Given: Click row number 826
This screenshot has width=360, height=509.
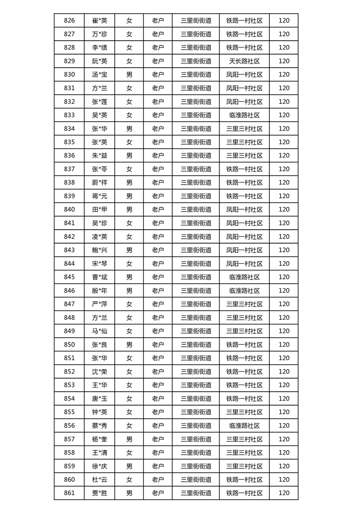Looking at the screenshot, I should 69,20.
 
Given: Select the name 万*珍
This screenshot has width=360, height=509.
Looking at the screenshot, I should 100,34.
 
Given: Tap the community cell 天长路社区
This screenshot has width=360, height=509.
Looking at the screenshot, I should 244,61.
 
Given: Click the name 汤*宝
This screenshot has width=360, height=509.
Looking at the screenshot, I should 100,74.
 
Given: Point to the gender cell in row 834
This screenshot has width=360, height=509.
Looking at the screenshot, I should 129,128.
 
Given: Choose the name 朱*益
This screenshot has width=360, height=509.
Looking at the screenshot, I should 100,156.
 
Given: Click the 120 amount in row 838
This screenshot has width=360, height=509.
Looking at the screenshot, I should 284,182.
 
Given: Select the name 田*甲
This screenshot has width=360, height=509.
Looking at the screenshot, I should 100,210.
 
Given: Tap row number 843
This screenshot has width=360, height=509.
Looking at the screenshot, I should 69,250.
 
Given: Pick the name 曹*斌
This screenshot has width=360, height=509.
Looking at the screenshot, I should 100,277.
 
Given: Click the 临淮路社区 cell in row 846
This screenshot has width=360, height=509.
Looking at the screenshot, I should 244,290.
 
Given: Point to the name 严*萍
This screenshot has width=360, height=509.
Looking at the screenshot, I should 100,304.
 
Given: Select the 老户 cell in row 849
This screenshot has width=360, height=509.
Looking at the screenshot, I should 158,331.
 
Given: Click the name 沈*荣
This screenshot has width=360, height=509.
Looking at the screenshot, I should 100,372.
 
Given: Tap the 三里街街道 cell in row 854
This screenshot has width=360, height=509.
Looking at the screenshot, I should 196,399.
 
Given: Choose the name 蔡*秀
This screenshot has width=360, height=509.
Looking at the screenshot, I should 100,426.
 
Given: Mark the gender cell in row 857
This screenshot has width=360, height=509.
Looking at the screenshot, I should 129,439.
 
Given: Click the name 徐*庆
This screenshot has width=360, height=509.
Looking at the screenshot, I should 100,466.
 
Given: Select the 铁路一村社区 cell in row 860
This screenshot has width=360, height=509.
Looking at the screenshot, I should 244,480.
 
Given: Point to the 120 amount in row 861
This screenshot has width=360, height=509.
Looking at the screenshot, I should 284,493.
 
